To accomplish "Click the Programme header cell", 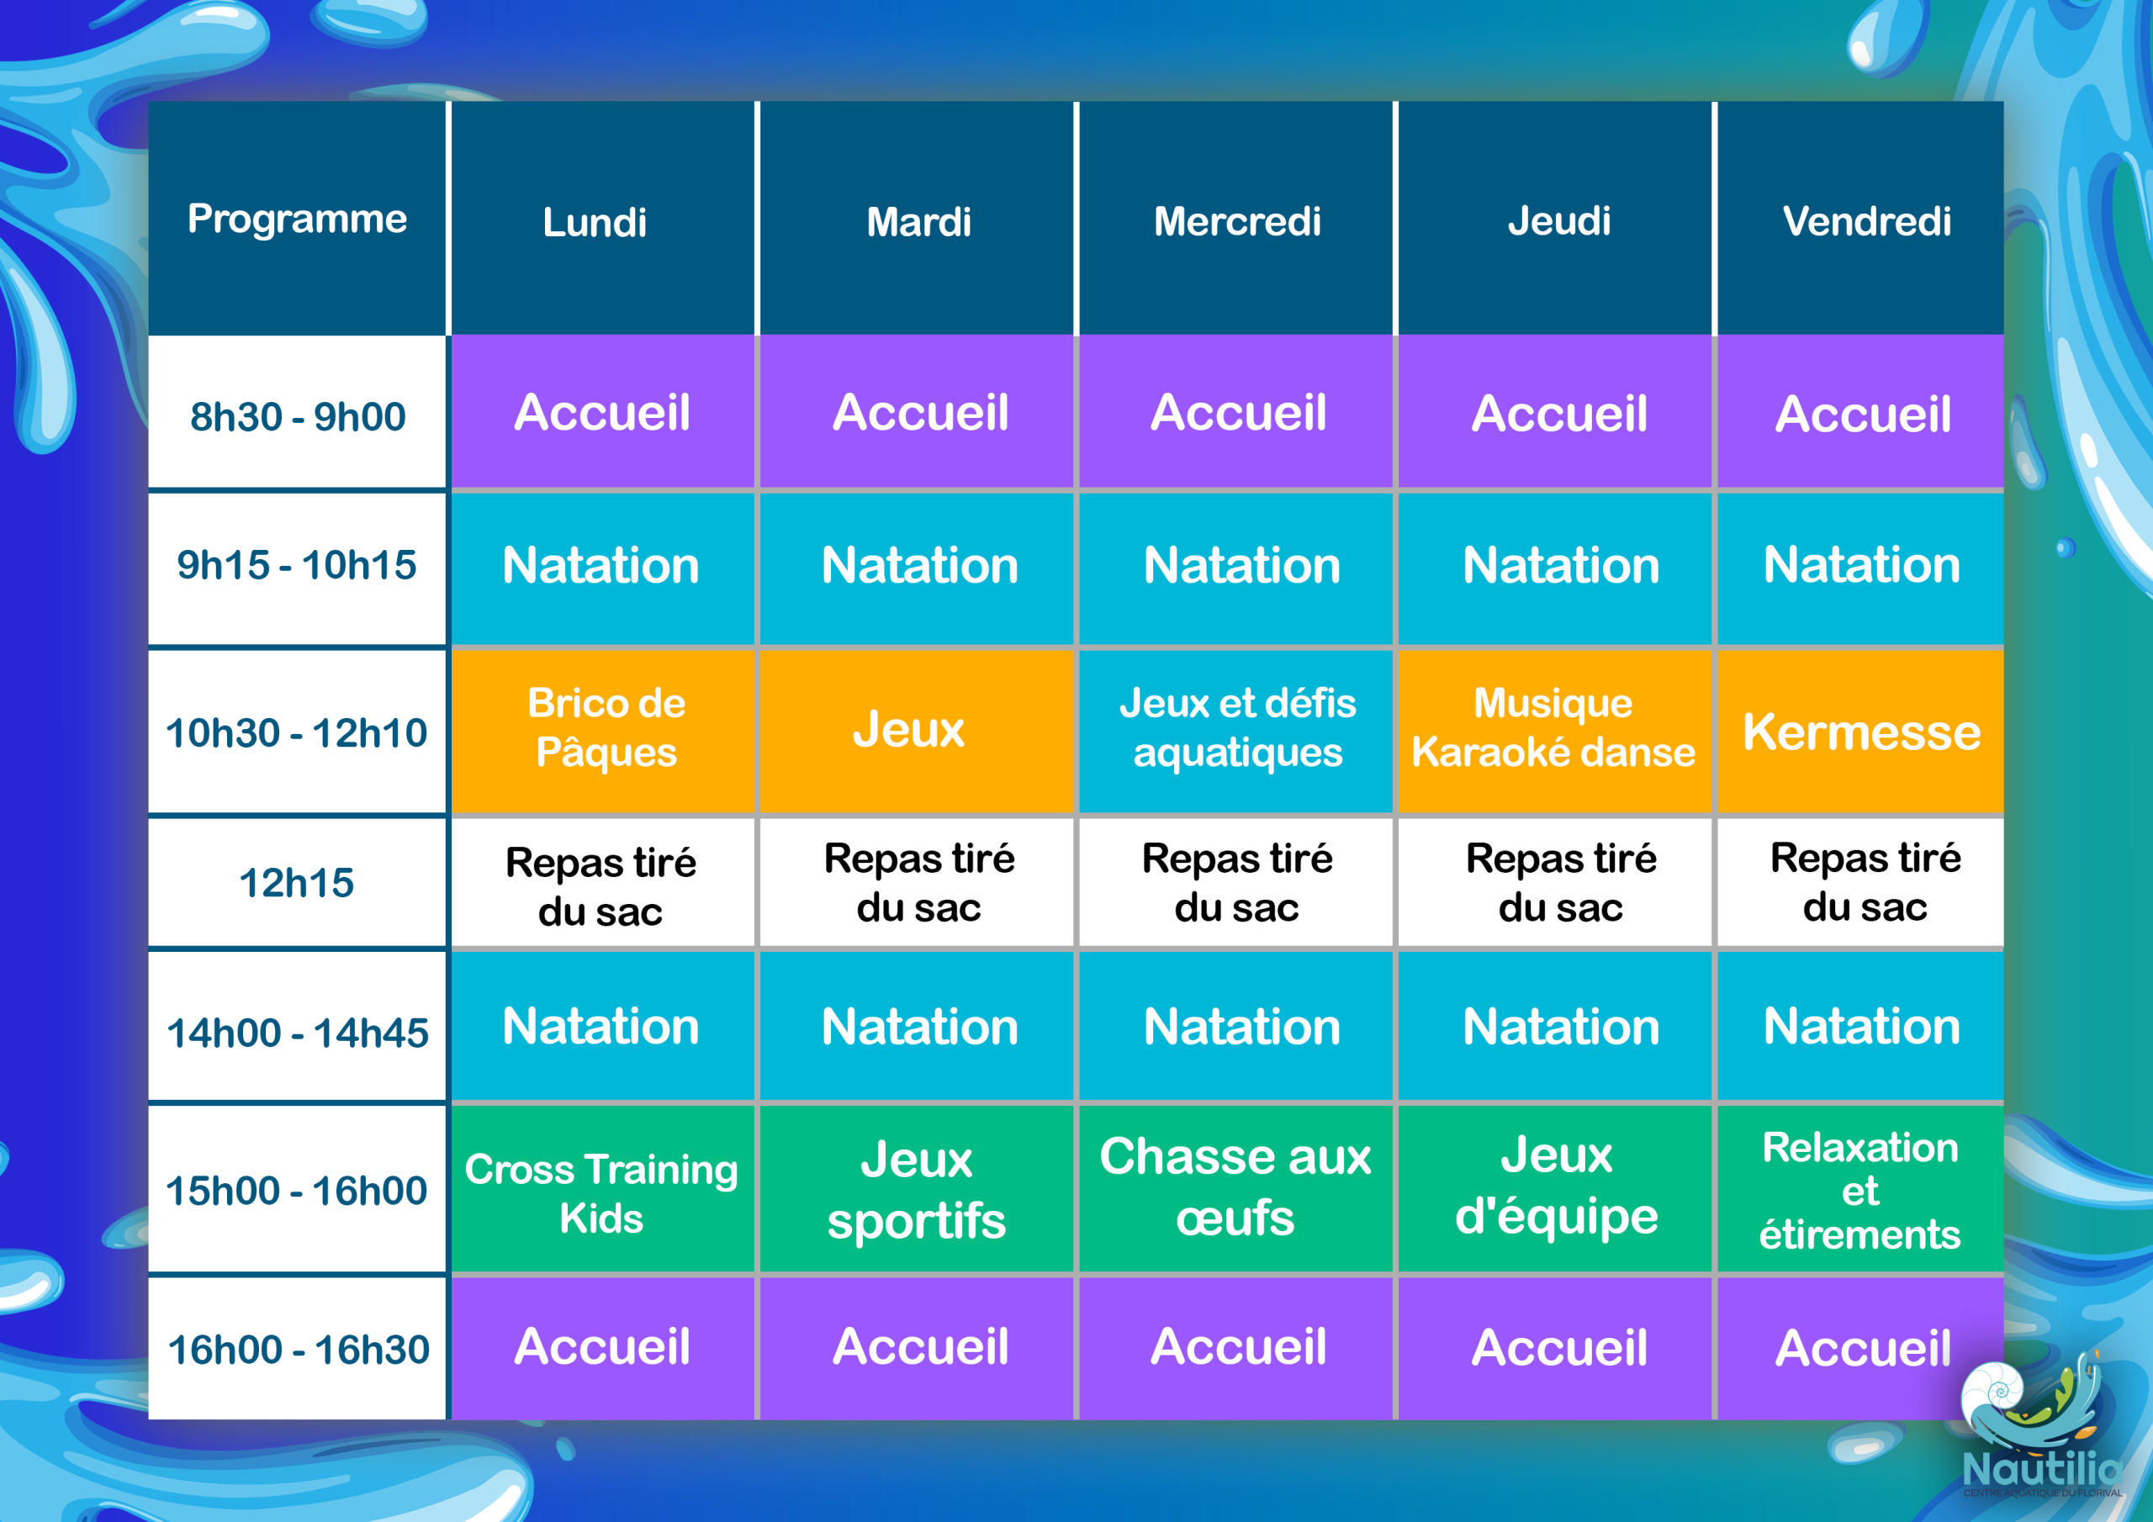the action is (297, 219).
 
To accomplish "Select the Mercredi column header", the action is (1236, 219).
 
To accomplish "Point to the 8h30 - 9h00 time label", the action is (297, 416).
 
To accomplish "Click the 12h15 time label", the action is (297, 882).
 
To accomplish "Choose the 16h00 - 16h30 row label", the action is (297, 1350).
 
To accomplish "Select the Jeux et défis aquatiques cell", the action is (1236, 731).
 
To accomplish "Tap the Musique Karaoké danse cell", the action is (1555, 731).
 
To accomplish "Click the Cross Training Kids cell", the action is (603, 1190).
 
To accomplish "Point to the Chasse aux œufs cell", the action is (1236, 1190).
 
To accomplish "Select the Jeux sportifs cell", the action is (916, 1190).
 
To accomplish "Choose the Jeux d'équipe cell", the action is (1555, 1190).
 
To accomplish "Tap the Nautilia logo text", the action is (2041, 1467).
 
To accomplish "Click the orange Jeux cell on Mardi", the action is (916, 731).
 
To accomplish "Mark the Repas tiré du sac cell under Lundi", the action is (603, 882).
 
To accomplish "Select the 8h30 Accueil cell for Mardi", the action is (916, 412).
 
